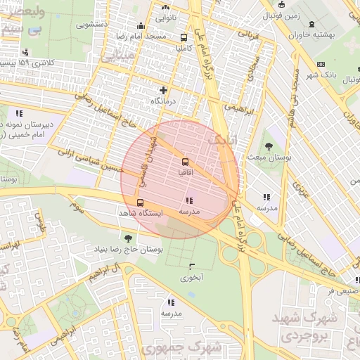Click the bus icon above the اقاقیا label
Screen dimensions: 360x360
point(186,161)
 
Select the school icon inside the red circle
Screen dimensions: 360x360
point(189,200)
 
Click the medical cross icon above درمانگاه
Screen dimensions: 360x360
point(164,90)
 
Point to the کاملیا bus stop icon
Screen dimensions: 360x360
point(184,37)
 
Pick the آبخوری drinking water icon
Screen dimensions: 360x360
point(191,266)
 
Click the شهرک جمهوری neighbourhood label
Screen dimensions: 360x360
point(181,347)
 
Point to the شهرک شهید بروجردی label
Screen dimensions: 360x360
point(309,327)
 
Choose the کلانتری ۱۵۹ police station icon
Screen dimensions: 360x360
point(26,52)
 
